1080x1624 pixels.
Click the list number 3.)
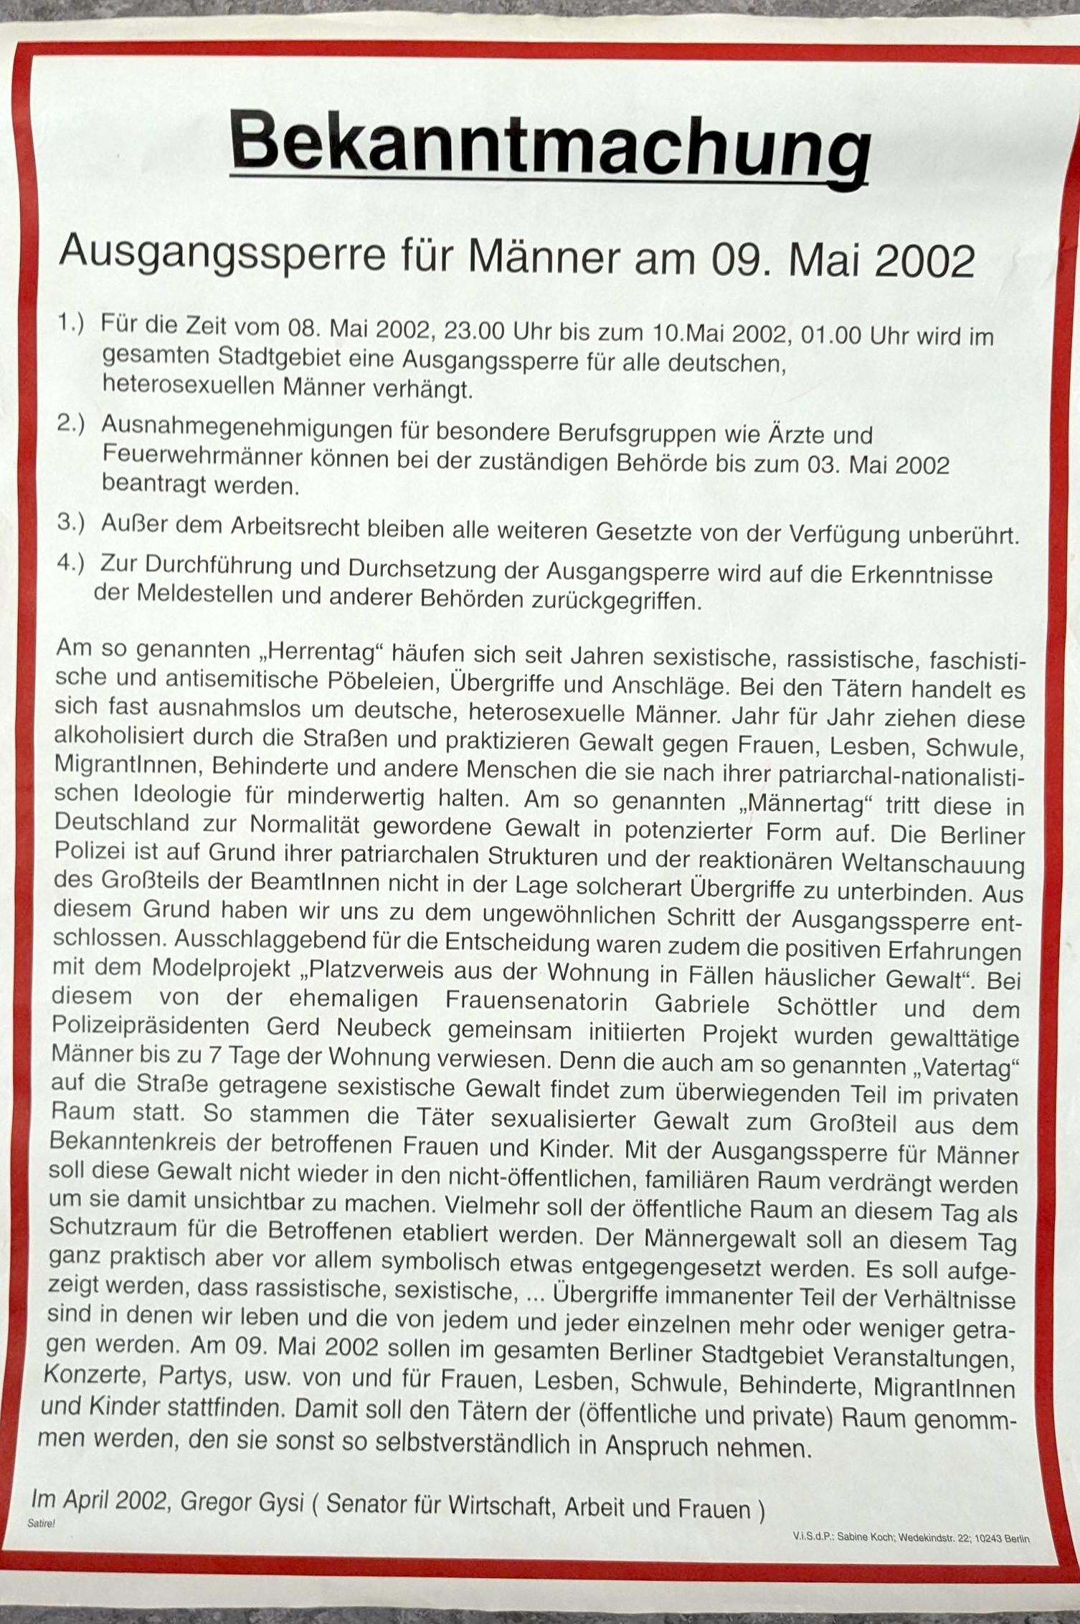point(71,523)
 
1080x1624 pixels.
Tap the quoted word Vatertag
point(967,1068)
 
